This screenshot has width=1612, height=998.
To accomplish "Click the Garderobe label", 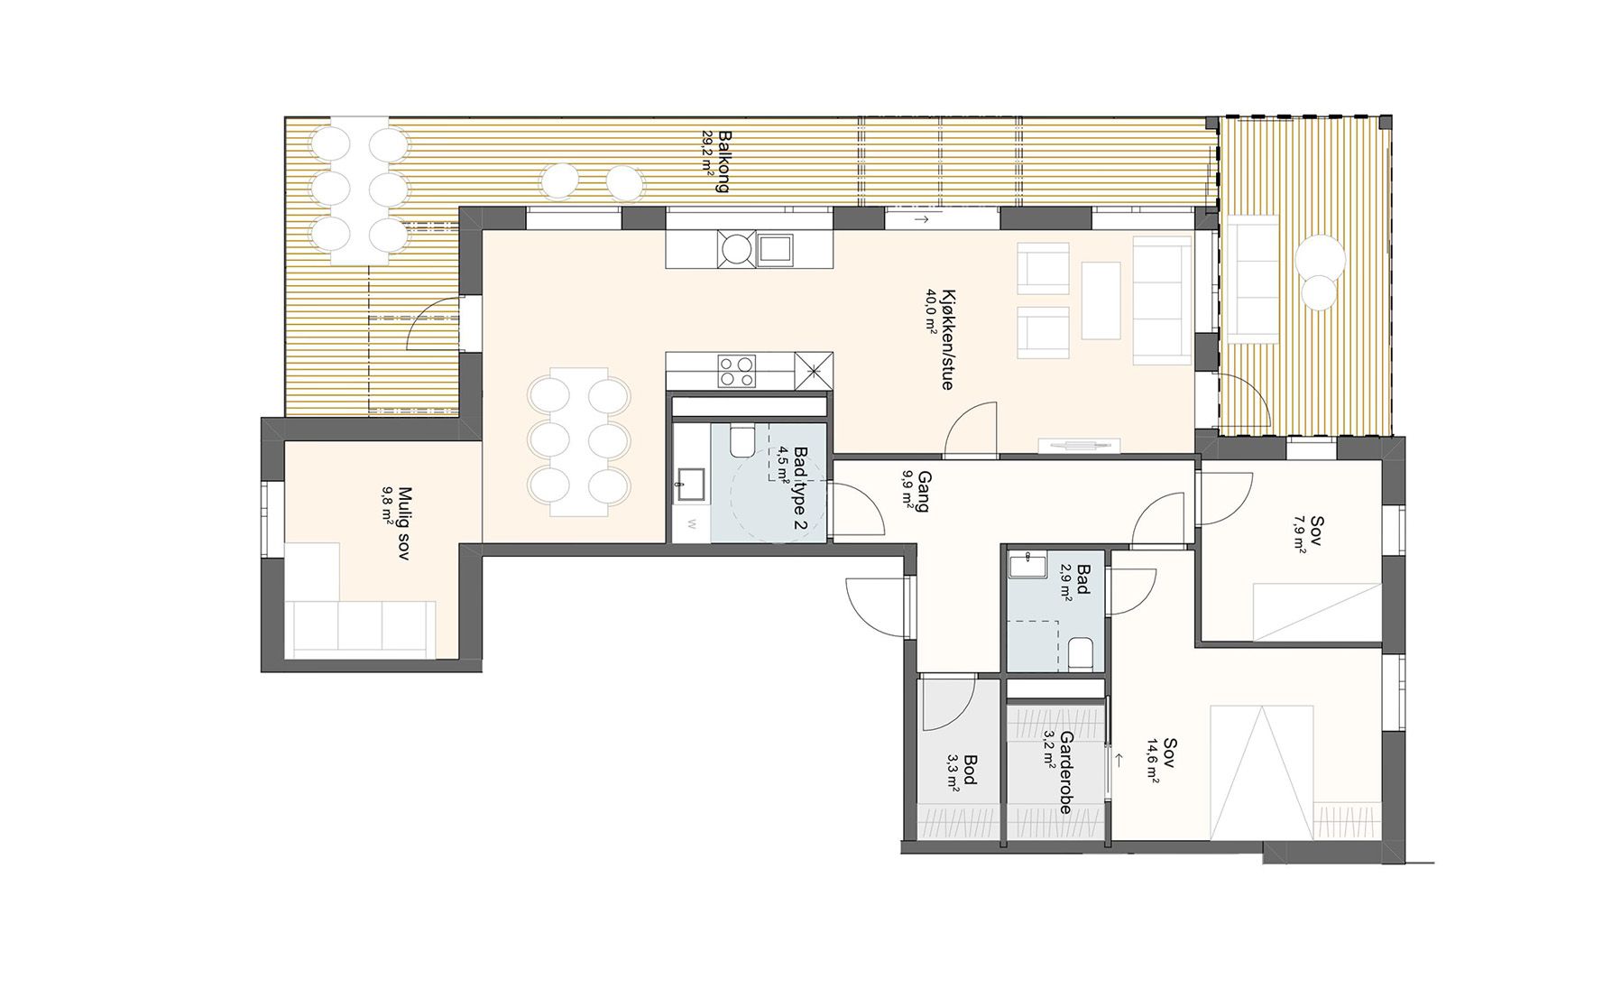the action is pos(1066,772).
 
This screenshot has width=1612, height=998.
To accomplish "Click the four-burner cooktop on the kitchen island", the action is pos(737,371).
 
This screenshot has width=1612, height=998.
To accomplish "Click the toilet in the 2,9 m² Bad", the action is pos(1081,652).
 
